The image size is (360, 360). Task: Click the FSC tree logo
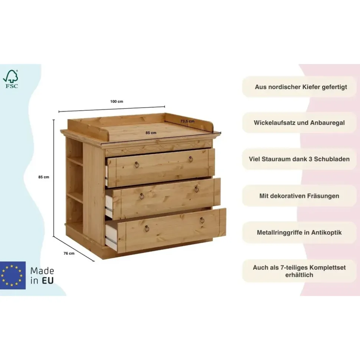pyautogui.click(x=10, y=79)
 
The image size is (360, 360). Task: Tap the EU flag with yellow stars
pyautogui.click(x=13, y=275)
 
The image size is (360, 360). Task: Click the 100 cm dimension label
pyautogui.click(x=117, y=102)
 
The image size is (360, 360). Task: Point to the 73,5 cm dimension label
pyautogui.click(x=187, y=121)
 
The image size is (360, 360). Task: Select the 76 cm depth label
pyautogui.click(x=69, y=254)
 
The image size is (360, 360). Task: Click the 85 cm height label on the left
pyautogui.click(x=44, y=177)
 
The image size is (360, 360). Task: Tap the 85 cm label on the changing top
pyautogui.click(x=151, y=133)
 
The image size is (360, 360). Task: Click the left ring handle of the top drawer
pyautogui.click(x=137, y=165)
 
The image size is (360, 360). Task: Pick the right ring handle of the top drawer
pyautogui.click(x=191, y=159)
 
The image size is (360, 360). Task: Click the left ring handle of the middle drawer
pyautogui.click(x=142, y=196)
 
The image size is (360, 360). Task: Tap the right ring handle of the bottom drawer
pyautogui.click(x=202, y=220)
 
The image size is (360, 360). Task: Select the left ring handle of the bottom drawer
pyautogui.click(x=147, y=229)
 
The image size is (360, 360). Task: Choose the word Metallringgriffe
pyautogui.click(x=279, y=232)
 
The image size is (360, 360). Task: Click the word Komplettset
pyautogui.click(x=327, y=268)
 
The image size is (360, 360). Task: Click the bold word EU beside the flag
pyautogui.click(x=48, y=281)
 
